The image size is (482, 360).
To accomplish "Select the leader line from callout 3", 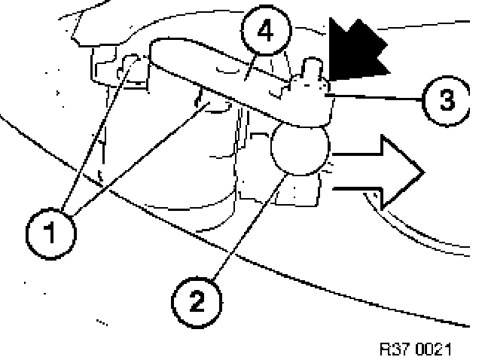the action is coord(377,96).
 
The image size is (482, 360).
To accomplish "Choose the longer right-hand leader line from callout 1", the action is coord(143,158).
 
